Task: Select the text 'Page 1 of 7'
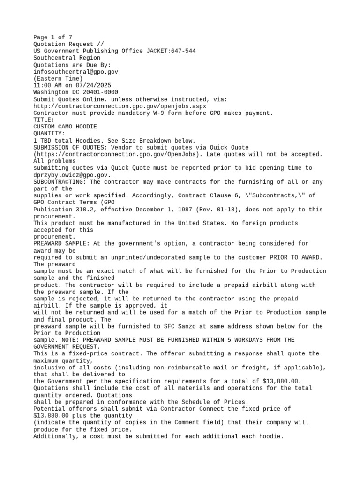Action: coord(52,37)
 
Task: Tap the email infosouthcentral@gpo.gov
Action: coord(75,72)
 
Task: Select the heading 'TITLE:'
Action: coord(44,120)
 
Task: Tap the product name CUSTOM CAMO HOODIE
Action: coord(65,127)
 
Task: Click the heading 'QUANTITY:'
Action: coord(49,134)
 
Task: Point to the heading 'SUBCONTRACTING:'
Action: coord(60,182)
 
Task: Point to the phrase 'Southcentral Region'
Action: coord(67,58)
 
